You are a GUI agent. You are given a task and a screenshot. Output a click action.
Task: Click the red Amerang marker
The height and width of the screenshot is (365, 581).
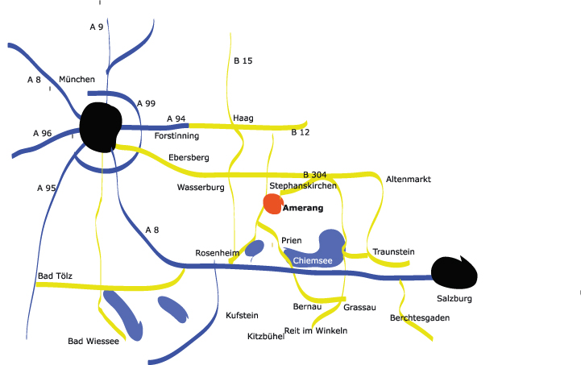(x=273, y=204)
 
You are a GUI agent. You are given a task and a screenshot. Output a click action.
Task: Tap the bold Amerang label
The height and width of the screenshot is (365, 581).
(x=303, y=209)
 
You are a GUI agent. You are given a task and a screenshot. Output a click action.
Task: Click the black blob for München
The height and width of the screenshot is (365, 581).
(x=101, y=127)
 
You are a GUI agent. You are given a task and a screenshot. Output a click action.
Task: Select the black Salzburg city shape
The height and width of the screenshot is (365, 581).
(x=454, y=273)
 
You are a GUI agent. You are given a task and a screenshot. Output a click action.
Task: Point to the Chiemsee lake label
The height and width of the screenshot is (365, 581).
(x=312, y=261)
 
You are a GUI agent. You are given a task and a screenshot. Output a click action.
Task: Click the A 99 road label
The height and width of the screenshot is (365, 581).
(x=146, y=104)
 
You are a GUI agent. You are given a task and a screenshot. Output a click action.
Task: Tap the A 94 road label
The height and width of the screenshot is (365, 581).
(x=176, y=119)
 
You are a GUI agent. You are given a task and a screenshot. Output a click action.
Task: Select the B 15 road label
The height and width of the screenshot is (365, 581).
(x=243, y=61)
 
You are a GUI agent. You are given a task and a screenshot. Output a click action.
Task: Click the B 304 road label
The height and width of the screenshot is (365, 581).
(x=314, y=175)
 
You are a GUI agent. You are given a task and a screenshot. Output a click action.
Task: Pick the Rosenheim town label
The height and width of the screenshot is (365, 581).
(x=218, y=253)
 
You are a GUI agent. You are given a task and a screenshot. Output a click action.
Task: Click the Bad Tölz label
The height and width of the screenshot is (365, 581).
(x=55, y=276)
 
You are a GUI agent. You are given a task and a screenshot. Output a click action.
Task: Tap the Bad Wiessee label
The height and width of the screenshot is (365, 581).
(x=93, y=342)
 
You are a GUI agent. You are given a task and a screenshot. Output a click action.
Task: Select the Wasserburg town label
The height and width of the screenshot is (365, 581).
(x=200, y=187)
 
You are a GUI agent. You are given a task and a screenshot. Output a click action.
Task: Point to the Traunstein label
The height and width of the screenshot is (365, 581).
(x=393, y=252)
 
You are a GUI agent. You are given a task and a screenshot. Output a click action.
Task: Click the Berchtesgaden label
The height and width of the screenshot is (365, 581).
(x=419, y=318)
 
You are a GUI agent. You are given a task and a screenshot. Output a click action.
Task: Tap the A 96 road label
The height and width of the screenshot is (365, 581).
(x=43, y=133)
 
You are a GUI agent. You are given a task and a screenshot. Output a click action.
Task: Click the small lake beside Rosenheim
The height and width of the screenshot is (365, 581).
(x=255, y=247)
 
